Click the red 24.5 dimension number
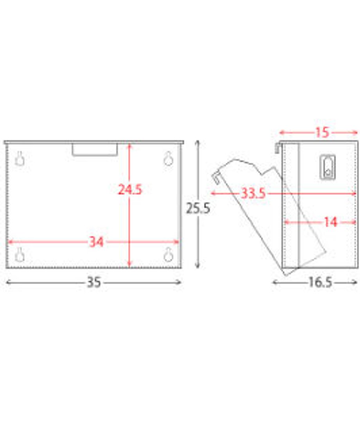(130, 189)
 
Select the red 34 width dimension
(96, 242)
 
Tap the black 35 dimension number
(94, 282)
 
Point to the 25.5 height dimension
(198, 208)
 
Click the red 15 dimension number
(322, 133)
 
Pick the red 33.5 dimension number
(254, 193)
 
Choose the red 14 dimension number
(330, 222)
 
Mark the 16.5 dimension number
(320, 283)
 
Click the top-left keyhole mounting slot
(20, 158)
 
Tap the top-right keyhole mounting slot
(168, 158)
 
